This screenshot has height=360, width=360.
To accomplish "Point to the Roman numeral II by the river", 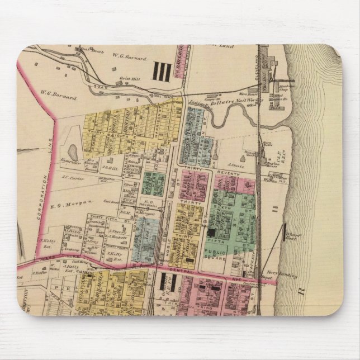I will point(274,209).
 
